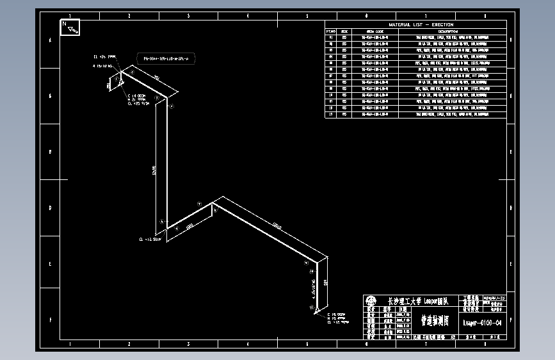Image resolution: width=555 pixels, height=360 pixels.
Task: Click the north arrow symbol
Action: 70,27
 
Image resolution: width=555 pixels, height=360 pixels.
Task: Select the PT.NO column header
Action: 331,31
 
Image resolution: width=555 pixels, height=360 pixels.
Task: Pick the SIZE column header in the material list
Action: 344,31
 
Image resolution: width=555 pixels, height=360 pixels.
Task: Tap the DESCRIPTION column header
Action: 447,31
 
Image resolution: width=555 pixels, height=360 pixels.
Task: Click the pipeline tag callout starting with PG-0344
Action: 166,58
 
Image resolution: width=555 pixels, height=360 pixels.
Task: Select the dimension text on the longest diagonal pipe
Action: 277,225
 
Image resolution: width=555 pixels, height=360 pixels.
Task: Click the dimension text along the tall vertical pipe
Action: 154,170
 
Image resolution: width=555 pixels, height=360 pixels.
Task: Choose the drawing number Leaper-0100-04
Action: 482,322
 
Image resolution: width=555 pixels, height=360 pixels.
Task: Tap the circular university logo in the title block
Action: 371,300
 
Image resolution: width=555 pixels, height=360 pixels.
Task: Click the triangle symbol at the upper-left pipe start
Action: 120,81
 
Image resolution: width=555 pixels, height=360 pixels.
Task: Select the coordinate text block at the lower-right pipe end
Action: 338,318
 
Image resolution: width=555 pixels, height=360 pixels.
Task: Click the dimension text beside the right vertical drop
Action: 326,282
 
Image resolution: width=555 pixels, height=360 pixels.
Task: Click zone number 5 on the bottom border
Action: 307,344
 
